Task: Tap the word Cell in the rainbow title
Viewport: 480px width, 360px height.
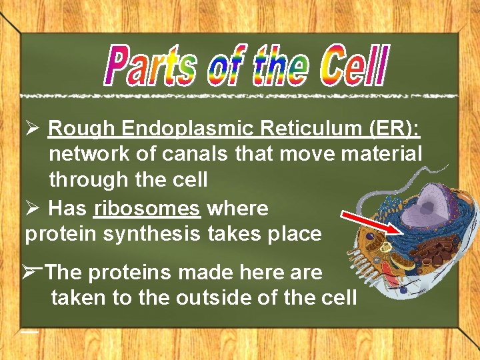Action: (x=352, y=66)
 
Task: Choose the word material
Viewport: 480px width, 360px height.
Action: (x=381, y=153)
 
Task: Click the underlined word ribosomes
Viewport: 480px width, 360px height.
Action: (x=147, y=209)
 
